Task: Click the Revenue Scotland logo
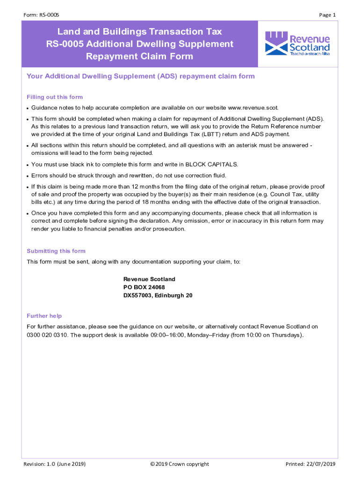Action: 297,44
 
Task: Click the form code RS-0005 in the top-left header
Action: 48,15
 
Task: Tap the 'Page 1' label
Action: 327,15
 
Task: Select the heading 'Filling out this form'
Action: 55,97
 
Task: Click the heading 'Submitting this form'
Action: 56,251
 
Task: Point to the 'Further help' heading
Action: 44,316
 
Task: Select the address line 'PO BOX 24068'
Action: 144,287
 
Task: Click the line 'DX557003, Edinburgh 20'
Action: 158,296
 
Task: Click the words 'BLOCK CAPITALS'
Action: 212,164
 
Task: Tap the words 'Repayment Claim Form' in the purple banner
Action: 139,57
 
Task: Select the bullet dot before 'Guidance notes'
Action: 28,108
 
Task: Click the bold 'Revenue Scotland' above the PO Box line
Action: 149,279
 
